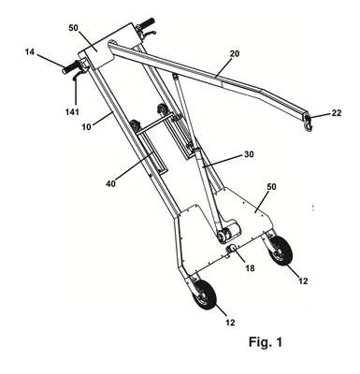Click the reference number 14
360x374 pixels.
[30, 52]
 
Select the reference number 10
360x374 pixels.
[88, 127]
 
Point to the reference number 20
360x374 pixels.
[235, 53]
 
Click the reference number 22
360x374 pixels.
[337, 113]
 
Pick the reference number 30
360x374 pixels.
[249, 154]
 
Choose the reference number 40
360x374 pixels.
[110, 184]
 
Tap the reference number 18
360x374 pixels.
[250, 267]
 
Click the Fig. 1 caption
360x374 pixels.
[266, 342]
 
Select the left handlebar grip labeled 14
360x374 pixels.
[71, 68]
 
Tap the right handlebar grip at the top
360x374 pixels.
[146, 24]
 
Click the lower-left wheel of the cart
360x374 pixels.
[205, 295]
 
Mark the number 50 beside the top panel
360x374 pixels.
[74, 28]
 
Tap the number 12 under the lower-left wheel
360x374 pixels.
[230, 323]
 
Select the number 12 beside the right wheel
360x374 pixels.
[303, 281]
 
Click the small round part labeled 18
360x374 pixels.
[233, 248]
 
